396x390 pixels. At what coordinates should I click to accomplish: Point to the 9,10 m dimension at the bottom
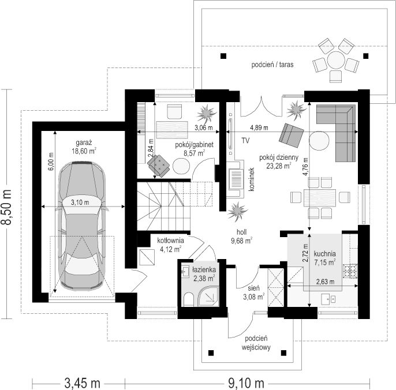point(246,383)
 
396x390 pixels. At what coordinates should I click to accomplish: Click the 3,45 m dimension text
point(83,383)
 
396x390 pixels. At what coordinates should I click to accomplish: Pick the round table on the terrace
point(336,61)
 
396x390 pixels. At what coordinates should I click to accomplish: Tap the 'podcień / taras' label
point(272,65)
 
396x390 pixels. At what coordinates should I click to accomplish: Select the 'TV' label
point(245,140)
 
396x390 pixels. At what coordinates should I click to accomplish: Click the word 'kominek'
point(252,179)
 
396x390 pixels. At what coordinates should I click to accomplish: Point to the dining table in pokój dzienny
point(320,198)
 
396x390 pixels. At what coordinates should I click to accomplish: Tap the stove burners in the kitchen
point(350,271)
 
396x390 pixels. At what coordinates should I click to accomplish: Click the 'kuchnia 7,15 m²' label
point(325,258)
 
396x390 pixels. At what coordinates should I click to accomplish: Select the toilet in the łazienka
point(188,299)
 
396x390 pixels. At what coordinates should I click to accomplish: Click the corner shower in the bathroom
point(208,296)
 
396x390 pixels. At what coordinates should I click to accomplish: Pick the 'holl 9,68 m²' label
point(242,237)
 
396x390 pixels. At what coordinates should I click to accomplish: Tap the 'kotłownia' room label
point(170,241)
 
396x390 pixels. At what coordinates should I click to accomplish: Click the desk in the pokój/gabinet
point(172,130)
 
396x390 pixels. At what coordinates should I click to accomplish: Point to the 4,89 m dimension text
point(259,127)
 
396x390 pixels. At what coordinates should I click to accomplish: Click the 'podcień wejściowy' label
point(256,343)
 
